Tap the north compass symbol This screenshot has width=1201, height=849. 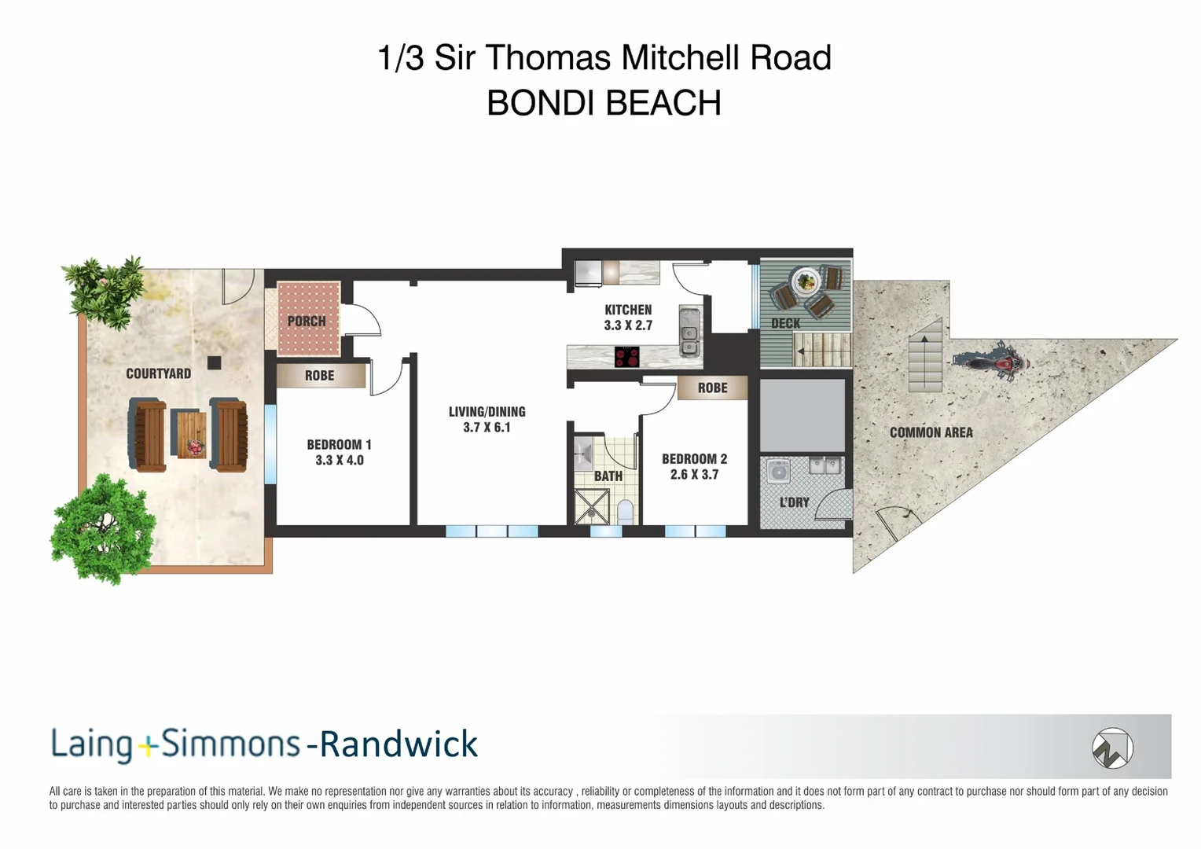[x=1111, y=748]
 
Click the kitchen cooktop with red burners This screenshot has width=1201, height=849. [x=626, y=357]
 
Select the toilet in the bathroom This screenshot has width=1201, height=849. [x=626, y=512]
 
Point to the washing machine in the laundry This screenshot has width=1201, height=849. [x=778, y=471]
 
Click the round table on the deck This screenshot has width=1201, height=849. [x=806, y=281]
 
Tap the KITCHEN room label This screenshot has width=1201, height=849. [x=628, y=310]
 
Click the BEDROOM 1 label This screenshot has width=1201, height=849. [x=339, y=445]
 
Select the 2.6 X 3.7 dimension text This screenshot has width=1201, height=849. [x=694, y=475]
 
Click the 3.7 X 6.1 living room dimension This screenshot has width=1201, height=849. [x=487, y=428]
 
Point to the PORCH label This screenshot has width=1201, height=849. [x=307, y=321]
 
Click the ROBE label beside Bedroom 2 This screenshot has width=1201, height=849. [x=712, y=388]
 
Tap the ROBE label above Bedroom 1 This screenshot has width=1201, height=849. [x=319, y=376]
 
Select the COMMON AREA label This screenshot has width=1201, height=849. [x=931, y=432]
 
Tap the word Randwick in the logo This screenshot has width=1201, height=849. [x=398, y=744]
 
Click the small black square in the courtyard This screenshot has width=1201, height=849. [x=214, y=362]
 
